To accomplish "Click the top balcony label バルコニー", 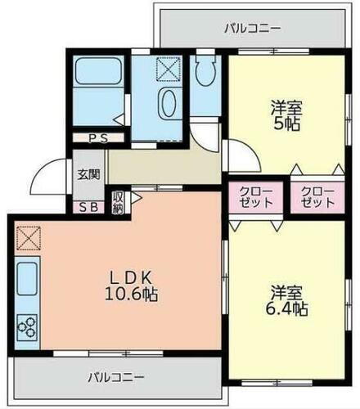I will tap(253, 29).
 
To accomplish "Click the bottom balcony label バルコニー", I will tap(115, 378).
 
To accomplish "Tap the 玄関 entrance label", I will tap(88, 174).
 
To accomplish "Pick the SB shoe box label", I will tap(88, 206).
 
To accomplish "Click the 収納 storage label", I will tap(118, 201).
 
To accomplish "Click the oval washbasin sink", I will tap(168, 106).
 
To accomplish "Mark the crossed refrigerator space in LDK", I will tap(26, 238).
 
